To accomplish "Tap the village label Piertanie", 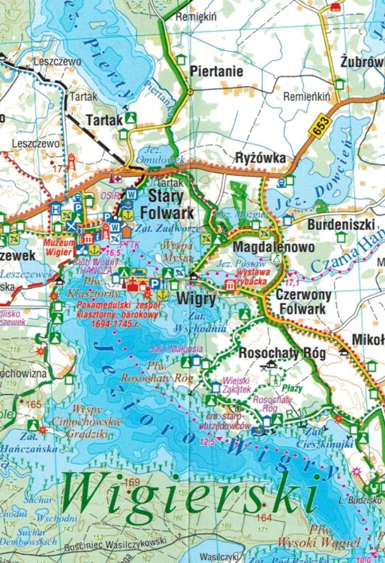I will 216,73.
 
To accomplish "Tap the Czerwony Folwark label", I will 301,302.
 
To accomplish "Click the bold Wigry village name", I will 195,298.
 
